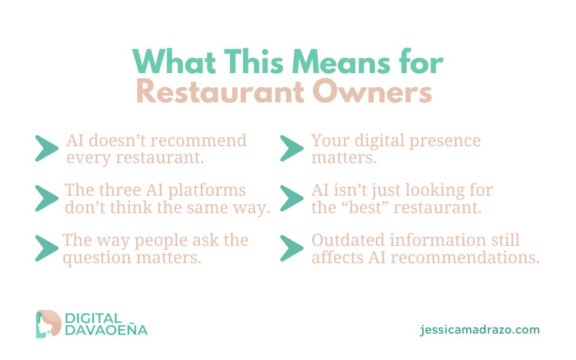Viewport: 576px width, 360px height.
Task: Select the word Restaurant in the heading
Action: (220, 92)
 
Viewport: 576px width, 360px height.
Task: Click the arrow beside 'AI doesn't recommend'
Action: (47, 148)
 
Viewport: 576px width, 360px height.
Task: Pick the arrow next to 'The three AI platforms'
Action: (47, 199)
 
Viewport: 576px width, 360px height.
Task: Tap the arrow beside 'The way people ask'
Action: (47, 248)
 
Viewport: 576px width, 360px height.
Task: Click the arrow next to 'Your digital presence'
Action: (292, 148)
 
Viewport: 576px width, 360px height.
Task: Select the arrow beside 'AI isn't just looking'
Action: (292, 199)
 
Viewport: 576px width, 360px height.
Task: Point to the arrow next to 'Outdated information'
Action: (292, 248)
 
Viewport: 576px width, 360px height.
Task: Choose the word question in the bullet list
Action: (97, 258)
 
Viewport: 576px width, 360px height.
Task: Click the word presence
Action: (445, 141)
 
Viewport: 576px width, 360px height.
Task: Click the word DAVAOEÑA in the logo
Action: (106, 330)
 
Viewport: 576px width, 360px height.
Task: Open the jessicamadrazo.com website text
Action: (480, 330)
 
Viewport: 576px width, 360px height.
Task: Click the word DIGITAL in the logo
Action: (93, 318)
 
